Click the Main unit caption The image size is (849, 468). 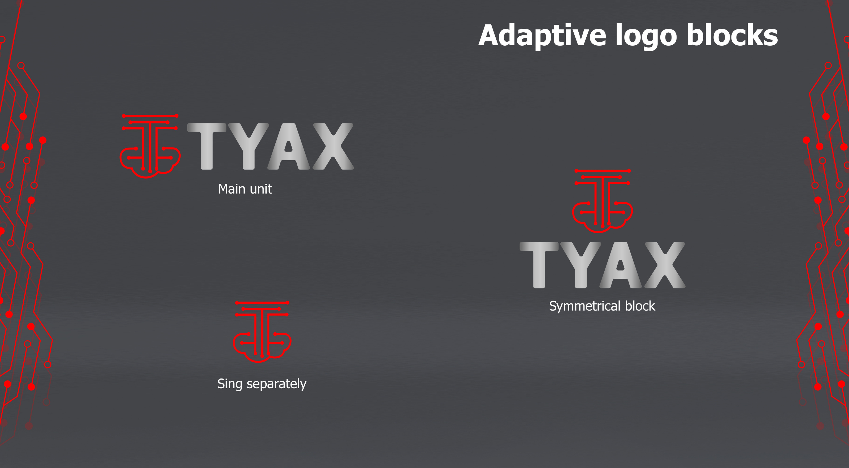click(245, 189)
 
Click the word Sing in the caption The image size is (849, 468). click(230, 384)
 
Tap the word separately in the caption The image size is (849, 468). click(276, 384)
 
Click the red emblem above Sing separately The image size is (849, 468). click(262, 332)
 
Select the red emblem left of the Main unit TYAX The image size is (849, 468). click(150, 146)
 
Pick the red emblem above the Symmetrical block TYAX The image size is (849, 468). click(603, 200)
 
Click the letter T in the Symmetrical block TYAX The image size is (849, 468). click(539, 265)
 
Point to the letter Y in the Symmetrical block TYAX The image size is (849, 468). click(581, 265)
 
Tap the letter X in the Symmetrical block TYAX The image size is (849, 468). click(665, 265)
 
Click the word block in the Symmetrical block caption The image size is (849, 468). click(640, 306)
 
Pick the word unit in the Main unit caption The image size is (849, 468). click(261, 189)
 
